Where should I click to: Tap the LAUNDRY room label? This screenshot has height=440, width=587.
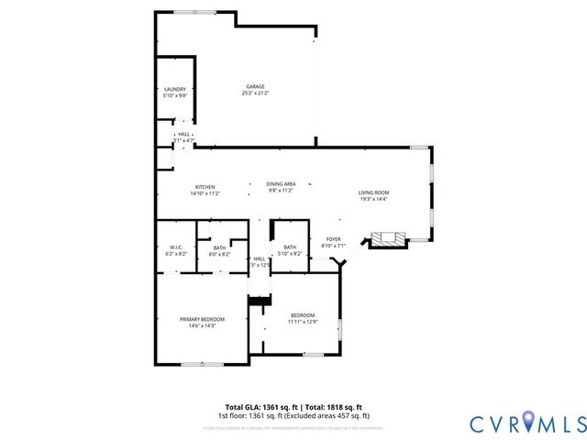tap(174, 89)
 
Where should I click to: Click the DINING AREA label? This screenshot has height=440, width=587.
tap(280, 184)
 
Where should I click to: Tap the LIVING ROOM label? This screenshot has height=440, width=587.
tap(373, 192)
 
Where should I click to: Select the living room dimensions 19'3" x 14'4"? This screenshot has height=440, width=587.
tap(373, 199)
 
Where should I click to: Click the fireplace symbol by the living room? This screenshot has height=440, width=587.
tap(389, 240)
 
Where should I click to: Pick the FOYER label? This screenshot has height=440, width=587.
tap(333, 239)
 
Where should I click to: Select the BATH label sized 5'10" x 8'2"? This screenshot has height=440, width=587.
tap(290, 247)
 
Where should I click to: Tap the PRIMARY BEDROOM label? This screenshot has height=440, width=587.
tap(201, 318)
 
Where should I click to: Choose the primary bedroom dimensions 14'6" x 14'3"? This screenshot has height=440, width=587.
tap(201, 325)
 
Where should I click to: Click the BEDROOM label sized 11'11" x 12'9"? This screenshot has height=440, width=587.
tap(303, 314)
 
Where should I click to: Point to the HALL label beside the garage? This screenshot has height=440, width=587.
tap(184, 134)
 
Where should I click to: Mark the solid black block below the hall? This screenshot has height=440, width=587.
tap(260, 301)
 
